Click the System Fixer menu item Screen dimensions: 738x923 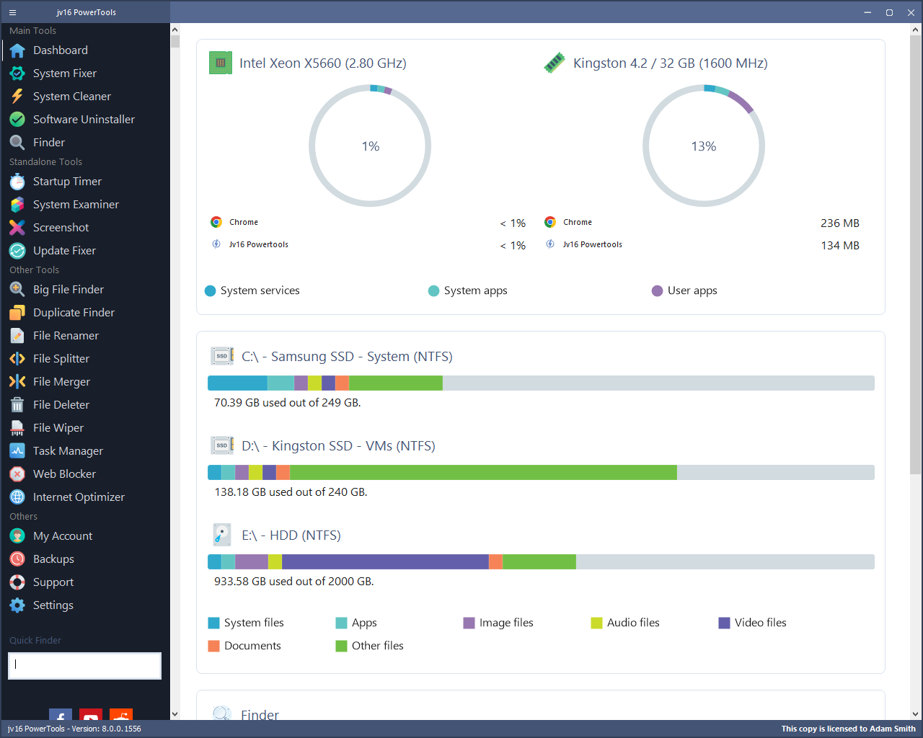point(64,74)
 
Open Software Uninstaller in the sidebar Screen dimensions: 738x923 point(84,120)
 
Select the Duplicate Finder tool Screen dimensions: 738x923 point(74,313)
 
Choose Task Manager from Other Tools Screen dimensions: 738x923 point(68,451)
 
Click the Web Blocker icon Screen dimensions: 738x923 point(17,474)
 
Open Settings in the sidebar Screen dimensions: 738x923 point(53,605)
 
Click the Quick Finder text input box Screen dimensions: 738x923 point(84,666)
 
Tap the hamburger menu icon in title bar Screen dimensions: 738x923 point(12,12)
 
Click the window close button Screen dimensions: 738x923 point(909,12)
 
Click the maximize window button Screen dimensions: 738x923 point(889,12)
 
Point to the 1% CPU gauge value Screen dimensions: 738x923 point(370,146)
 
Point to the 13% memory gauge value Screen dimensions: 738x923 point(704,146)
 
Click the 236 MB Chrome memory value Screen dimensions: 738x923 point(839,223)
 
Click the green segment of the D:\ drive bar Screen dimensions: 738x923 point(483,472)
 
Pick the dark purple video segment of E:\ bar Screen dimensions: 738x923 point(385,561)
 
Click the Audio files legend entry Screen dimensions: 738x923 point(625,623)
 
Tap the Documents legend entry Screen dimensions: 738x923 point(244,646)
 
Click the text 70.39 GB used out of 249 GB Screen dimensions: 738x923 point(287,403)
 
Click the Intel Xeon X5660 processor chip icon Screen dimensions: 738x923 point(220,63)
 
